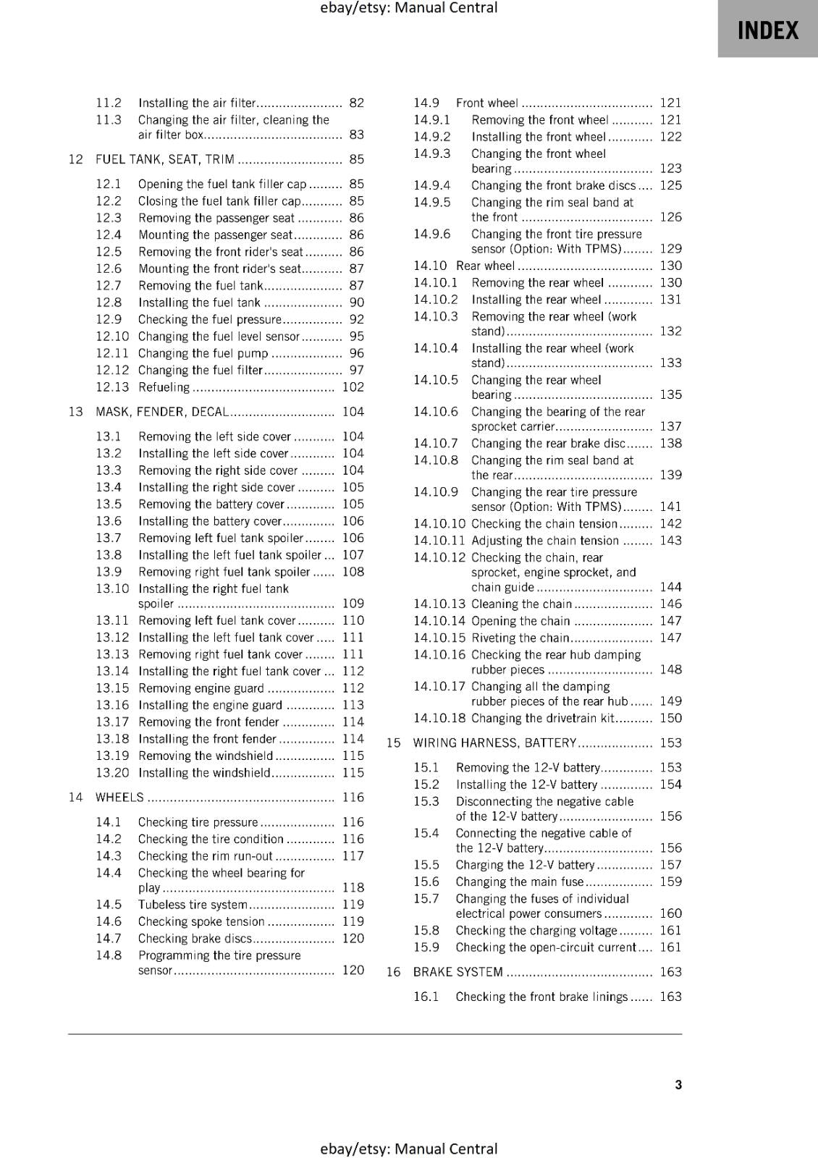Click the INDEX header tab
click(x=767, y=30)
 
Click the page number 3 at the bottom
click(x=678, y=1084)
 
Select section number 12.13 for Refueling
click(x=112, y=387)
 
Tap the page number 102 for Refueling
click(x=353, y=387)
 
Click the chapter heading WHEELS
click(x=119, y=798)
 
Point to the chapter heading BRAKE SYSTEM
click(x=458, y=972)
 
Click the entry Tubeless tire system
click(x=193, y=905)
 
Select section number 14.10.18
click(x=439, y=718)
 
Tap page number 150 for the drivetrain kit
click(x=670, y=718)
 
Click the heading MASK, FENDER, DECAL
click(x=162, y=412)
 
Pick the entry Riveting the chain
click(x=520, y=638)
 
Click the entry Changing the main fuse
click(x=519, y=882)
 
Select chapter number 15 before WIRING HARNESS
click(x=393, y=743)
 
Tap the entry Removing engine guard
click(x=201, y=688)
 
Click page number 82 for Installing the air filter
click(x=356, y=103)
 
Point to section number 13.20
click(x=112, y=773)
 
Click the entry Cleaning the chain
click(x=521, y=604)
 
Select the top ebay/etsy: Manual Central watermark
click(x=408, y=8)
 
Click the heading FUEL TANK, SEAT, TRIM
click(x=164, y=159)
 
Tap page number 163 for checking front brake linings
click(x=670, y=997)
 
